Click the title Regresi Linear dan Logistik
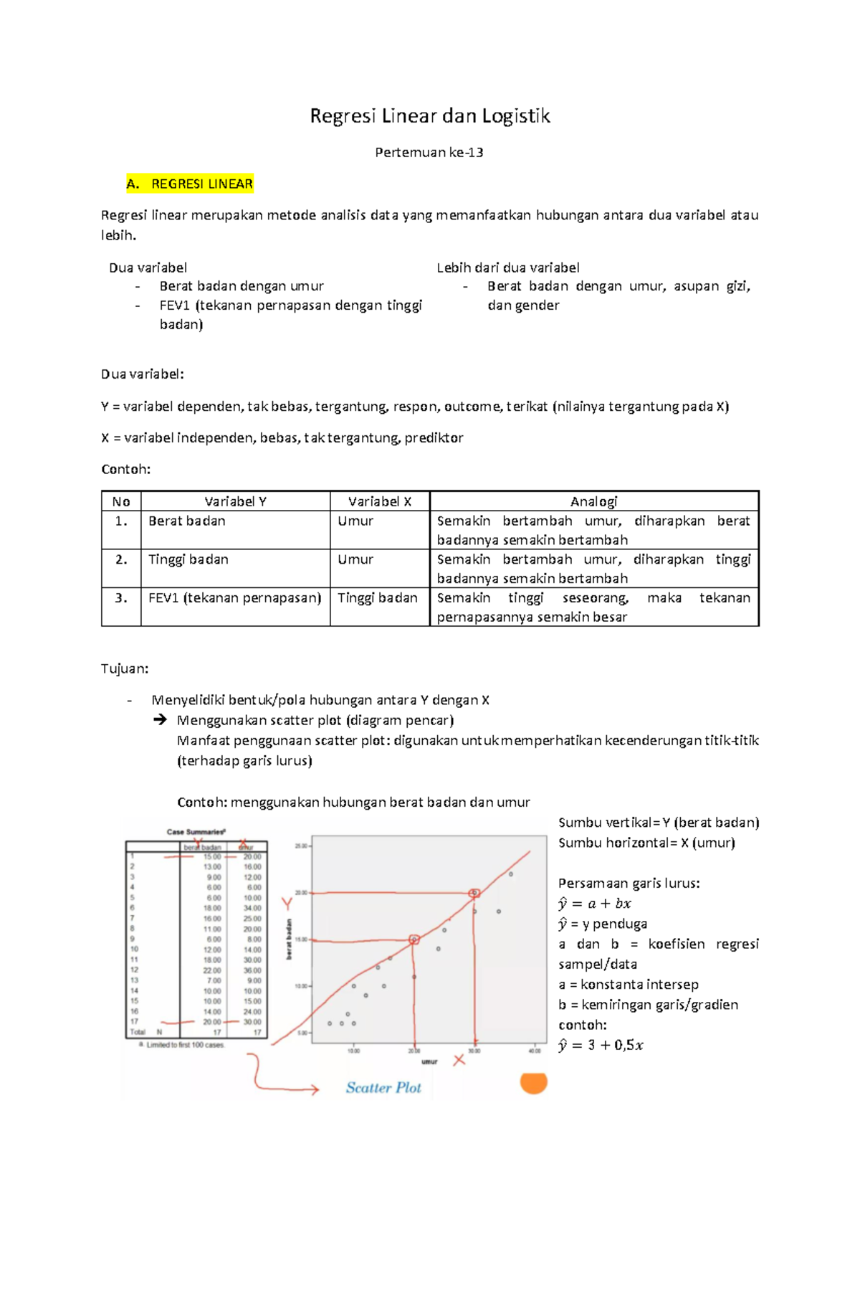click(x=429, y=116)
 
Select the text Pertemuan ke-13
click(x=429, y=152)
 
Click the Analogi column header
click(x=593, y=501)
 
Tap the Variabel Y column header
click(x=235, y=501)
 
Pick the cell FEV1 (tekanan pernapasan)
click(x=234, y=597)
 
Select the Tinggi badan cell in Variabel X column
click(x=378, y=597)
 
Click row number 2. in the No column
click(x=121, y=559)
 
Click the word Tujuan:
click(x=125, y=668)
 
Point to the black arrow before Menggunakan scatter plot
click(x=160, y=719)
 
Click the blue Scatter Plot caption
click(x=383, y=1088)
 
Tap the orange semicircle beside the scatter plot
click(x=533, y=1083)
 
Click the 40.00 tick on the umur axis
click(x=535, y=1051)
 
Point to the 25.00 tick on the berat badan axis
click(x=301, y=846)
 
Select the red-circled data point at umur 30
click(x=474, y=893)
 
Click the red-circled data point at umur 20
click(x=414, y=939)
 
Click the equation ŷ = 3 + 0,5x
click(x=601, y=1045)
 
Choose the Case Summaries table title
click(x=196, y=832)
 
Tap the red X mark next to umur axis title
click(x=459, y=1060)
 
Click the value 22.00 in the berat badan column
click(x=212, y=970)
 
